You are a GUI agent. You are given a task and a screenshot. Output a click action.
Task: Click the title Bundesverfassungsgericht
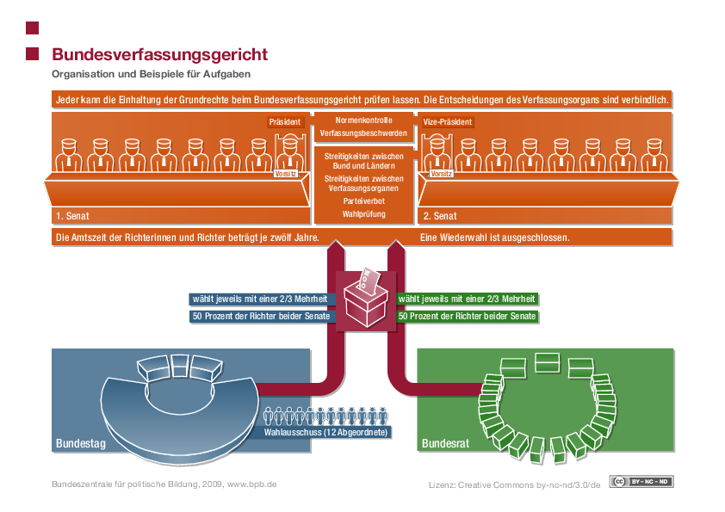tap(159, 54)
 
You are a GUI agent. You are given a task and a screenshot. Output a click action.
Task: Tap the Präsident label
tap(285, 122)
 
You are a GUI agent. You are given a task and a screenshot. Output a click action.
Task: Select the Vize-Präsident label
tap(448, 122)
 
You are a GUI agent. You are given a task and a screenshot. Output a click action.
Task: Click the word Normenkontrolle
tap(363, 120)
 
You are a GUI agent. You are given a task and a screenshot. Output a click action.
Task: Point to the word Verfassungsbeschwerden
tap(363, 134)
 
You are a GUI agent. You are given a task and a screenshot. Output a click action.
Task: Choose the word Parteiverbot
tap(363, 200)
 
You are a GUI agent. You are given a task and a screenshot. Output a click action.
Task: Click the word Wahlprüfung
tap(363, 213)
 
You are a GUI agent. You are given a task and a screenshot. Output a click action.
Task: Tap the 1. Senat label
tap(72, 215)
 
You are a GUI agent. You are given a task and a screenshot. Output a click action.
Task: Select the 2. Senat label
tap(440, 215)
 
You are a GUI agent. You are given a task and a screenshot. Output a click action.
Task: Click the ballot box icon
tap(365, 297)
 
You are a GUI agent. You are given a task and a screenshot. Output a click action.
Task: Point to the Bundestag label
tap(81, 444)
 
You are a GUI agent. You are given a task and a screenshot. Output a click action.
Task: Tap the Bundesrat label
tap(444, 444)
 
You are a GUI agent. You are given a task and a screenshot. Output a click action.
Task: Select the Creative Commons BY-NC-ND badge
tap(641, 481)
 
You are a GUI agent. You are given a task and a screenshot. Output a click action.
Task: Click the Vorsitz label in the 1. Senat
tap(285, 174)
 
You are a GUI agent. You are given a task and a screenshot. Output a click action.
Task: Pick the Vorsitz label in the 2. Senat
tap(441, 174)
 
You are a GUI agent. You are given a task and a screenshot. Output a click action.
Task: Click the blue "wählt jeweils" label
tap(261, 299)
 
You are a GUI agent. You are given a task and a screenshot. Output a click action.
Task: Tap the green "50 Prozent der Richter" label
tap(468, 317)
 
